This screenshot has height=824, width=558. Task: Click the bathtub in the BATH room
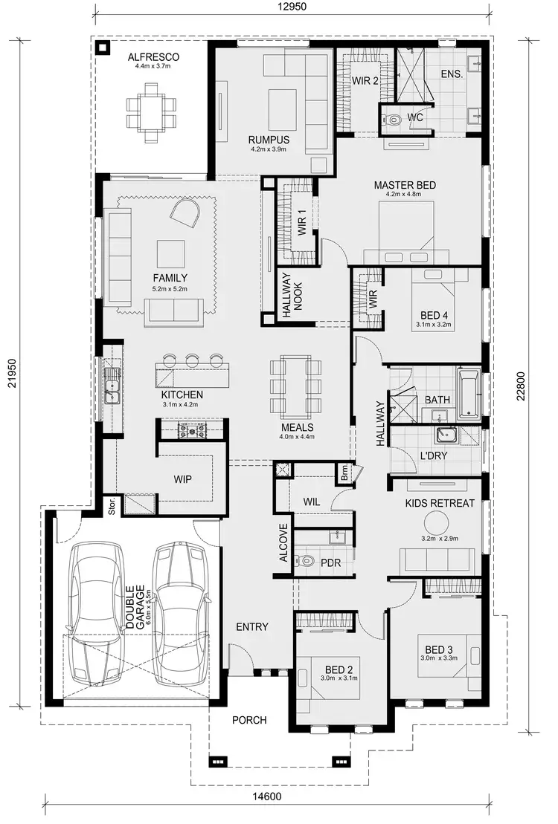(468, 393)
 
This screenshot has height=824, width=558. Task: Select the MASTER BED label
(405, 185)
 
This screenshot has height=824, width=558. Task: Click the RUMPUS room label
(269, 140)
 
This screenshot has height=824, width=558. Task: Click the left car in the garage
(94, 613)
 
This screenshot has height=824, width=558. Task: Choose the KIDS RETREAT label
(440, 504)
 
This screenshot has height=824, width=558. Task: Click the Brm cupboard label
(345, 470)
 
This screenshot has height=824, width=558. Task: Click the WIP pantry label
(182, 479)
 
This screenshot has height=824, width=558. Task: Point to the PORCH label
(248, 720)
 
